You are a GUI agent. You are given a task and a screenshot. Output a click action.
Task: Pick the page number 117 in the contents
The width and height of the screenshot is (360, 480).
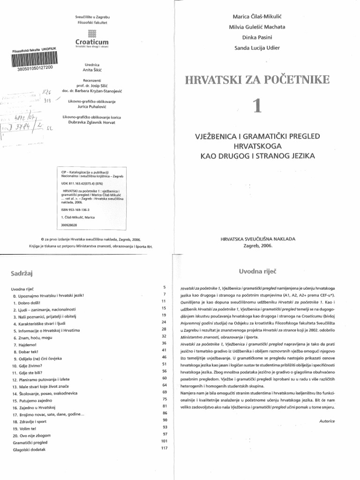pyautogui.click(x=164, y=448)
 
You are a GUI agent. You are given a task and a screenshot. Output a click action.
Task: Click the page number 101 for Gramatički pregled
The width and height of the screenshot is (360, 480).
pyautogui.click(x=164, y=441)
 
